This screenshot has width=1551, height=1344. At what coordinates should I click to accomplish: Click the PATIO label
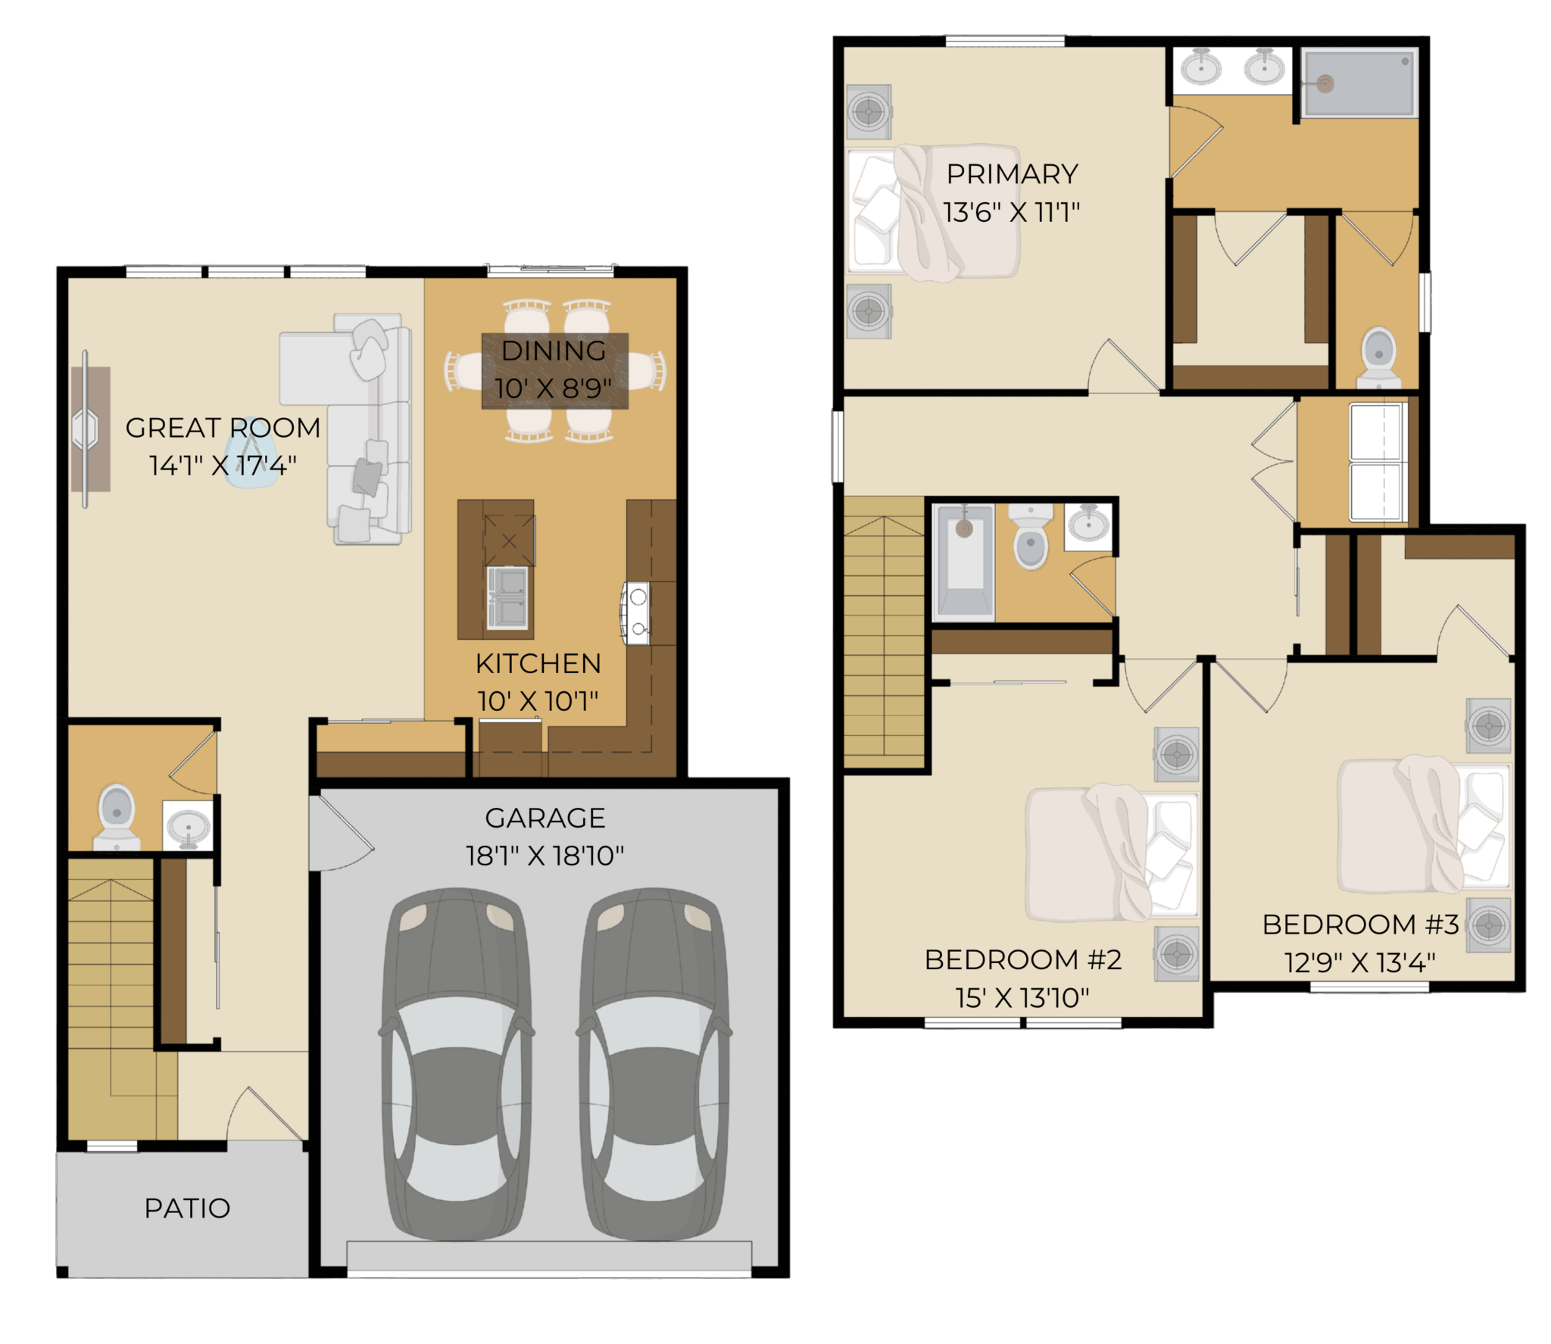(x=187, y=1208)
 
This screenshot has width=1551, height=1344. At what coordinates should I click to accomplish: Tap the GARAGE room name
(x=545, y=818)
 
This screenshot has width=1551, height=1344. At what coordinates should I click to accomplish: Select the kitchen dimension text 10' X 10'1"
(x=538, y=701)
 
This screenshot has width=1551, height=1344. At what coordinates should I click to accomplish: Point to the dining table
(x=555, y=371)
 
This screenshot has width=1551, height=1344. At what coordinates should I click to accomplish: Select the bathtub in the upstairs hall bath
(x=964, y=560)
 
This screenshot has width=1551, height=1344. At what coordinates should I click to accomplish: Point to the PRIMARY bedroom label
(x=1013, y=174)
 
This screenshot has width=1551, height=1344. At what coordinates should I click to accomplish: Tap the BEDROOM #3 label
(x=1360, y=925)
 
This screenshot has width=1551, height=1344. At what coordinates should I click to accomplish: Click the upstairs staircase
(x=884, y=633)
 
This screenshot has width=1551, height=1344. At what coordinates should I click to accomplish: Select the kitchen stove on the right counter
(x=636, y=613)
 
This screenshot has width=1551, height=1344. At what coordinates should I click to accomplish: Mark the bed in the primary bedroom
(x=934, y=212)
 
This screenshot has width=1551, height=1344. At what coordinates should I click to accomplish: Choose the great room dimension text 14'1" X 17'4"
(x=223, y=465)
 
